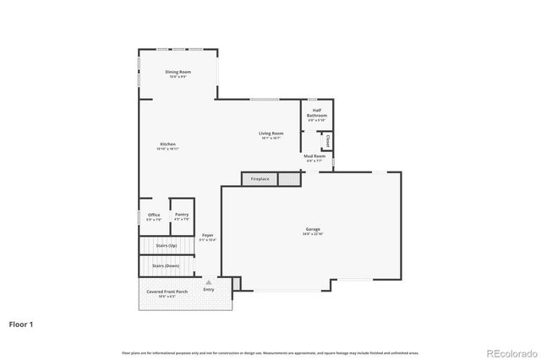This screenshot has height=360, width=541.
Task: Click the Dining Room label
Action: [178, 74]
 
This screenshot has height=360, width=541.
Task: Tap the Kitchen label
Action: [167, 145]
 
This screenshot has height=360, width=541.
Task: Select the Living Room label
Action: [270, 134]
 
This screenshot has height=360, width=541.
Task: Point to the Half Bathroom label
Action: [317, 113]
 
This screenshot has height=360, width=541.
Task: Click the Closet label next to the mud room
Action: [327, 141]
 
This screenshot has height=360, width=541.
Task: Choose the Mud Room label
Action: [314, 158]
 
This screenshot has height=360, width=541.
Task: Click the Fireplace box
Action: [260, 179]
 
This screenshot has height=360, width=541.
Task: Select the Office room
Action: [154, 216]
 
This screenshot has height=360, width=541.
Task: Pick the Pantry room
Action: [182, 216]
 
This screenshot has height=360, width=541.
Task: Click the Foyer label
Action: [207, 237]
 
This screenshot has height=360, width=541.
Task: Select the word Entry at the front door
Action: [209, 290]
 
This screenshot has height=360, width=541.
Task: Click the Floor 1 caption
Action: [22, 323]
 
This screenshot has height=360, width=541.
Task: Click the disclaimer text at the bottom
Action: [270, 352]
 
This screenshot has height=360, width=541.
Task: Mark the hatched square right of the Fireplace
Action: [289, 179]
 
